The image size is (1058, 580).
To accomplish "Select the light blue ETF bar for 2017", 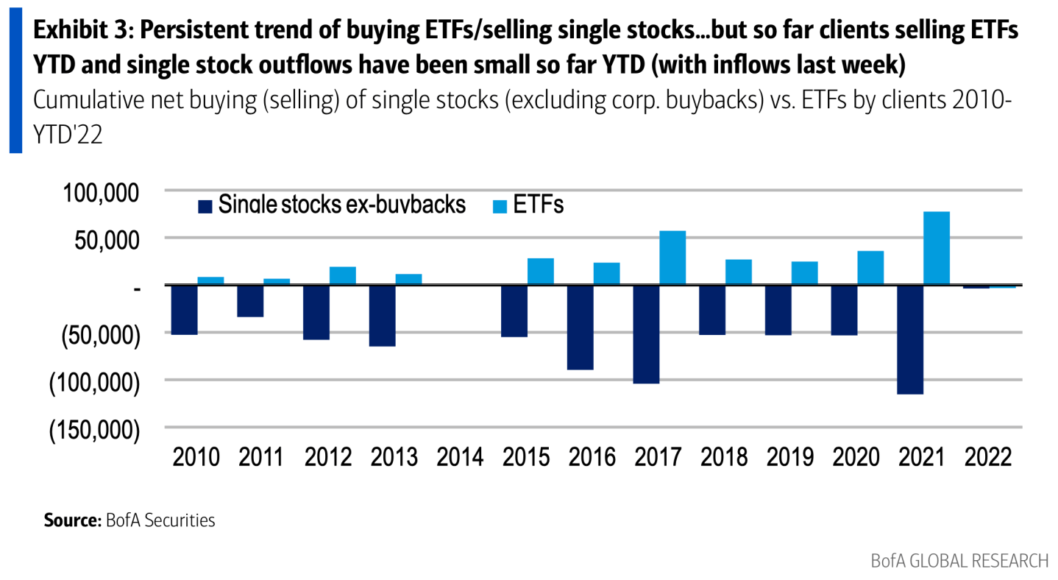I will click(x=672, y=258).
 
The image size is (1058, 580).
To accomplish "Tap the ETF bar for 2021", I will click(x=937, y=248).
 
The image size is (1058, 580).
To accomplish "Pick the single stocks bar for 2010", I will click(x=185, y=310).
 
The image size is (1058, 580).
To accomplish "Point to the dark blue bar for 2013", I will click(x=382, y=315).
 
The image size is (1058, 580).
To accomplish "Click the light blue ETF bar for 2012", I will click(x=343, y=275).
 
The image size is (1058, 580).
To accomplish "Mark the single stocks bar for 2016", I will click(x=580, y=327).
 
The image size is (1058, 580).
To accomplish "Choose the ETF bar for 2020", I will click(x=870, y=268).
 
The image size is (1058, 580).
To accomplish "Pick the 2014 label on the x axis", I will click(x=460, y=457).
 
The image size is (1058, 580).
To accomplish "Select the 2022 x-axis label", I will click(x=988, y=457).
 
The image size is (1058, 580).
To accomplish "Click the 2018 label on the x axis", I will click(x=724, y=457).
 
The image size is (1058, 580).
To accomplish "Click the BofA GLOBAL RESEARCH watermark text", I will click(x=959, y=561).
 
